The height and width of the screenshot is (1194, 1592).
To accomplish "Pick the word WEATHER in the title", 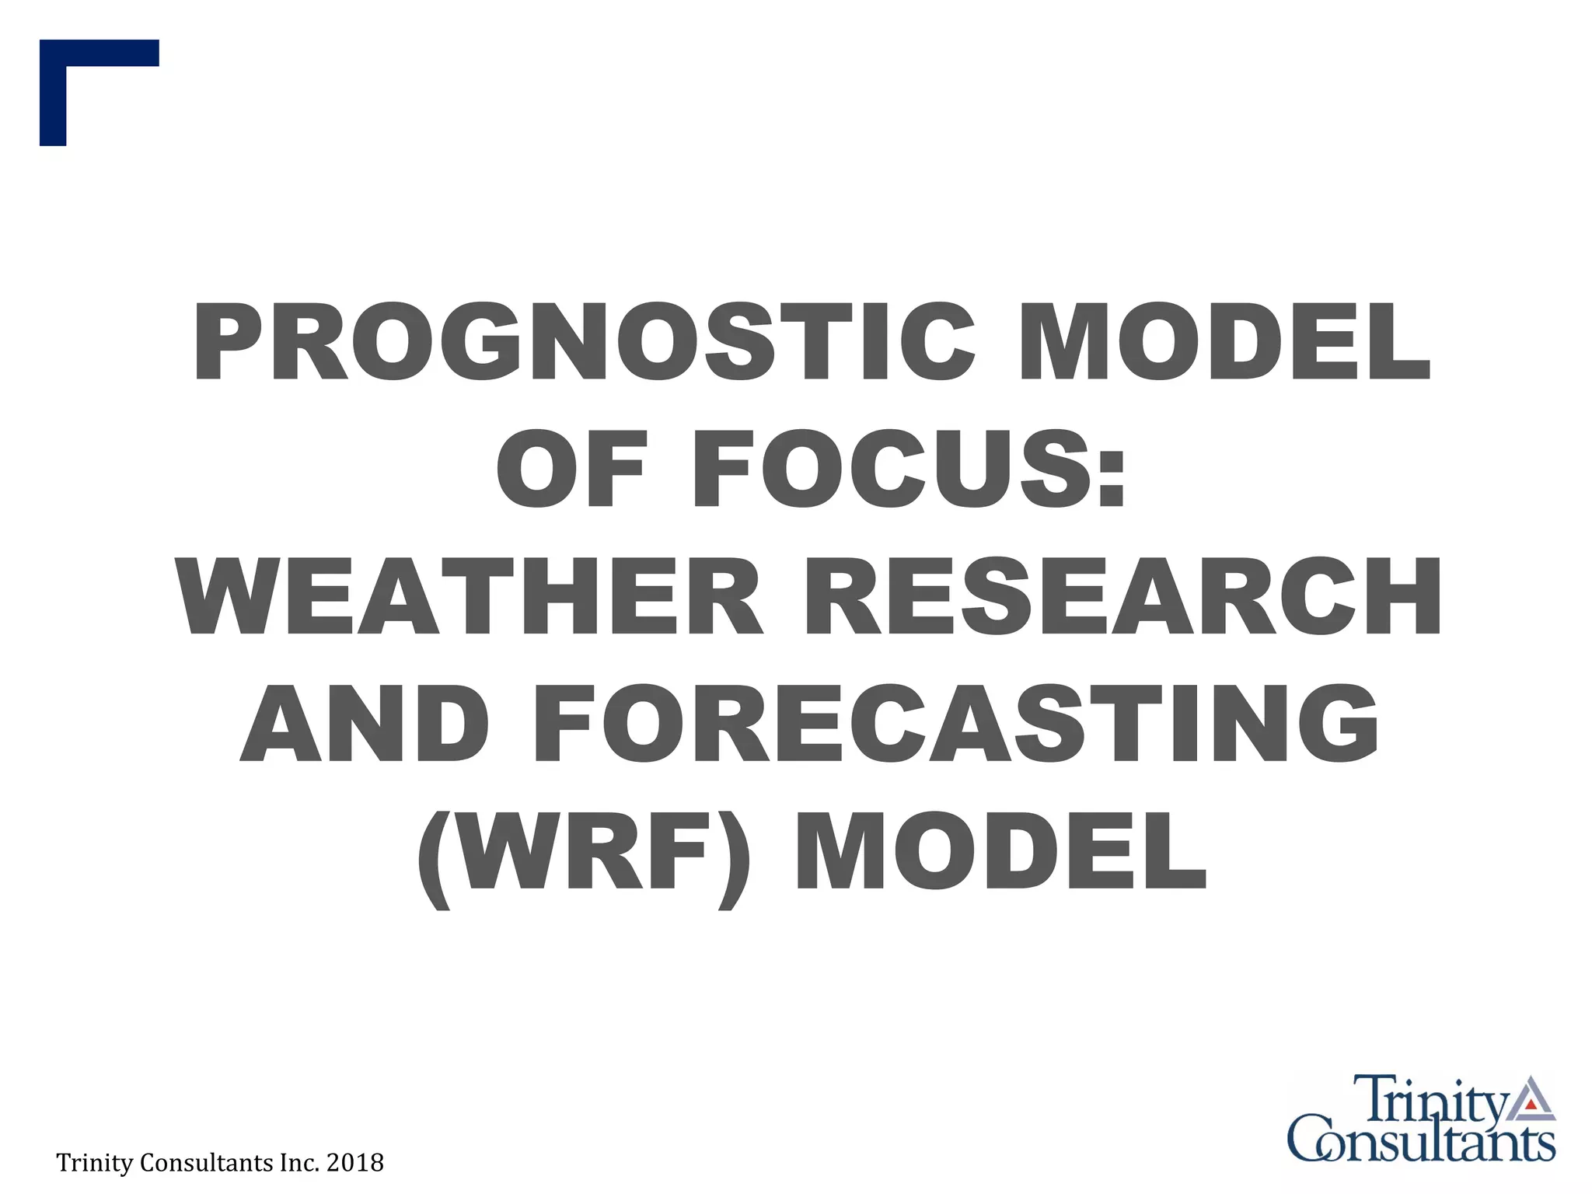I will pos(470,596).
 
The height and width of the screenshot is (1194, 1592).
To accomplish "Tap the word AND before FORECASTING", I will pos(365,723).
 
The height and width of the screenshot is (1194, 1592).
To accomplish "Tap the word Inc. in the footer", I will pos(298,1163).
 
